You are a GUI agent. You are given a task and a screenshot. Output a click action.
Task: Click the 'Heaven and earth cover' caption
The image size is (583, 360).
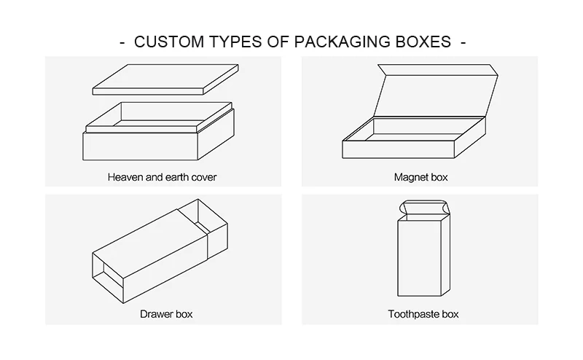(x=162, y=177)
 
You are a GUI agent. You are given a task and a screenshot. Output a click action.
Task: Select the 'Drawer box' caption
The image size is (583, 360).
(x=166, y=315)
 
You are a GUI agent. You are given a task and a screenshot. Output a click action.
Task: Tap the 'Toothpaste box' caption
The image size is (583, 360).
(x=423, y=315)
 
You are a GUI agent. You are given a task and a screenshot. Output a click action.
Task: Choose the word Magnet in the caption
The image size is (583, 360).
(x=410, y=177)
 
